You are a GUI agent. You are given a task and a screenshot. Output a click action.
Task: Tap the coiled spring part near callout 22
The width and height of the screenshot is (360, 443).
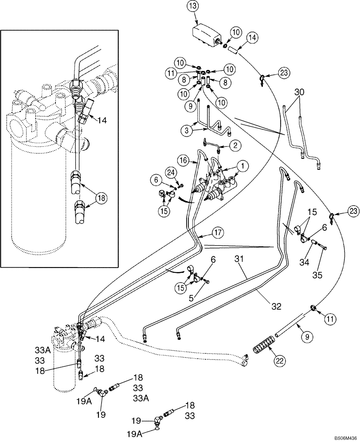tap(266, 344)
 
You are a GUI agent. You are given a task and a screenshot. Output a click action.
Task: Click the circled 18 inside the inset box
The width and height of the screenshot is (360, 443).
tap(102, 198)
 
